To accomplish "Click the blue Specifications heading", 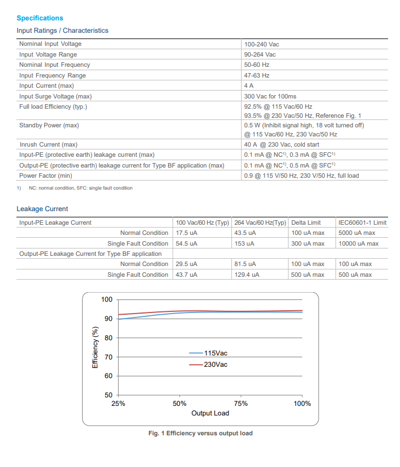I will (x=40, y=18).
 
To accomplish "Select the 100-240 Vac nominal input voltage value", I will (x=261, y=44).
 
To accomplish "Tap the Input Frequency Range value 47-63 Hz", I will (x=257, y=75).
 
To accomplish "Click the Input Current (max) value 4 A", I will (x=249, y=85).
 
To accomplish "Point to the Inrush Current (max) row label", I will (x=48, y=144).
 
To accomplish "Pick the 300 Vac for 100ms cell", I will (x=270, y=96).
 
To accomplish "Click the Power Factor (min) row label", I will (x=46, y=175).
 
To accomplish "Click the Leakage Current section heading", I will (x=42, y=209).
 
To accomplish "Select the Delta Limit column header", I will (x=306, y=222).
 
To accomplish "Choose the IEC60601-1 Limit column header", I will (x=362, y=222).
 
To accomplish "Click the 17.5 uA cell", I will (x=187, y=233).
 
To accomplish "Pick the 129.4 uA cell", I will (x=247, y=275).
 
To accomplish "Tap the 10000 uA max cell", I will (x=358, y=243).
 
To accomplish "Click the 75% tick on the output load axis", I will (x=241, y=404).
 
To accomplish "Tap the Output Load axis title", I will (x=210, y=413).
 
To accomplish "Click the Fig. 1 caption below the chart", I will (x=200, y=433).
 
